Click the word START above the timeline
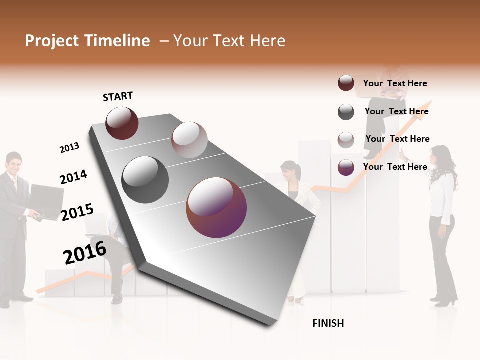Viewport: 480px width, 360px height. point(118,96)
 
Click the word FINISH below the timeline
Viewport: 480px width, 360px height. point(328,323)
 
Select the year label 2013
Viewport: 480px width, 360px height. point(69,148)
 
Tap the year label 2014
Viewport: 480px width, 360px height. point(73,177)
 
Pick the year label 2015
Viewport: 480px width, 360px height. point(77,212)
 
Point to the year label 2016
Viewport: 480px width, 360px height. point(85,252)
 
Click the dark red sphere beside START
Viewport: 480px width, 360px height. point(122,123)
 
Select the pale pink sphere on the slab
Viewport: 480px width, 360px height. point(189,140)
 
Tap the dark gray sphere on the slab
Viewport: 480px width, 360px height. point(145,180)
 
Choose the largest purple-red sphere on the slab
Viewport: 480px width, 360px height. point(216,207)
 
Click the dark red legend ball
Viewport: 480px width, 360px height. point(346,83)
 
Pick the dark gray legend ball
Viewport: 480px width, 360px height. point(346,112)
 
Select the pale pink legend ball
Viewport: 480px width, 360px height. point(346,140)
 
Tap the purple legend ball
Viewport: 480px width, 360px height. point(346,167)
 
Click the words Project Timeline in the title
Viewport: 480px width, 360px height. point(87,41)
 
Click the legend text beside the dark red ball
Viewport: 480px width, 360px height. point(395,83)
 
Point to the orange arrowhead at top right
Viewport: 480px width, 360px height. point(426,106)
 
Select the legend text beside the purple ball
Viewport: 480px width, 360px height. point(395,167)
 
